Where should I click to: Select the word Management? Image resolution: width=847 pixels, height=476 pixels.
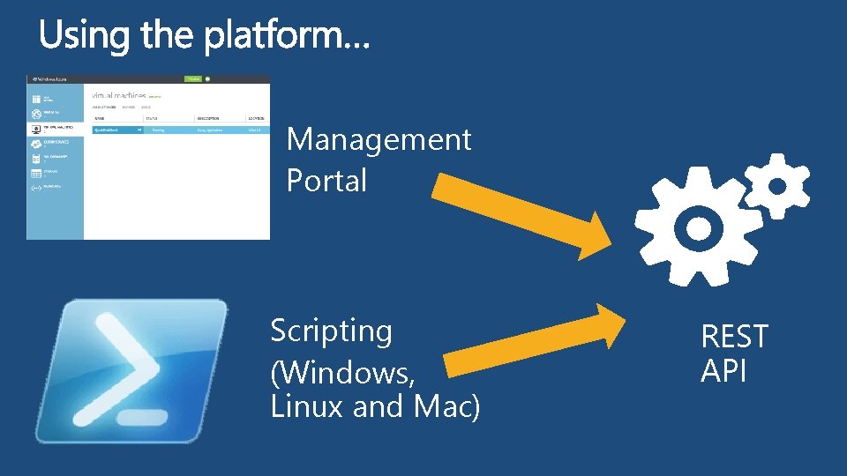[379, 139]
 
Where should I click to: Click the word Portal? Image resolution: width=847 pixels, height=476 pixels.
[326, 181]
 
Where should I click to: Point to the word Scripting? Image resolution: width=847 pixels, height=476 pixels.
[331, 332]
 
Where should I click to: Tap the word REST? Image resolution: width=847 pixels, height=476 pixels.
[734, 337]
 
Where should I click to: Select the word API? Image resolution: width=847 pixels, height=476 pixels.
[723, 371]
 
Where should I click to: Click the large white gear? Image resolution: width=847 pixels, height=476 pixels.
[698, 229]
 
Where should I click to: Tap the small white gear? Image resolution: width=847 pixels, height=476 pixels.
[776, 185]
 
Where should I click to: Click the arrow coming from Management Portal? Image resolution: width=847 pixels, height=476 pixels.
[521, 210]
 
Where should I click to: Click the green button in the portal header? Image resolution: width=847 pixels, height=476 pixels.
[192, 78]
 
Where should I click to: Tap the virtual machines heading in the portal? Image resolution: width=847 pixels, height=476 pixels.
[119, 93]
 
